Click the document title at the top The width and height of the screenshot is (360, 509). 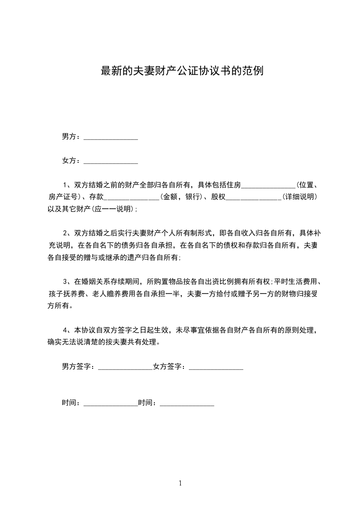coord(182,71)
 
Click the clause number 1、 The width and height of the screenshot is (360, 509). coord(67,185)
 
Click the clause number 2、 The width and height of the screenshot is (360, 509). coord(67,233)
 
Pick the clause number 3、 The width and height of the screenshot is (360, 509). coord(67,282)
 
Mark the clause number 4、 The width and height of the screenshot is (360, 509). coord(67,330)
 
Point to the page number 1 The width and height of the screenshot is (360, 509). coord(180,483)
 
